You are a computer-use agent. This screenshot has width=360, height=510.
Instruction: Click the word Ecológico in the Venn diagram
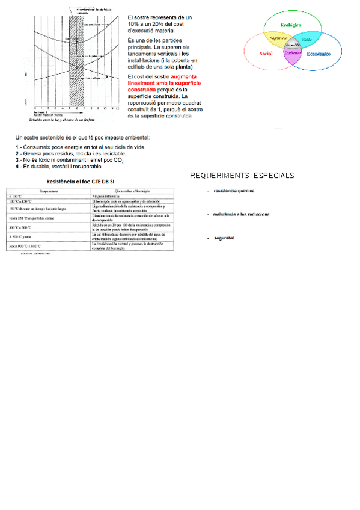point(291,25)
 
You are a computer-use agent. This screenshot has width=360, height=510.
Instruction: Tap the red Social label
point(266,54)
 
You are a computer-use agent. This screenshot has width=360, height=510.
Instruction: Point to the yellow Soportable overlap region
point(278,38)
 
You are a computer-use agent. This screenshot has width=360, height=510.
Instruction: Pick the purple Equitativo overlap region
point(293,54)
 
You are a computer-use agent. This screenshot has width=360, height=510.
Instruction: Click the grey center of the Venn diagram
point(293,45)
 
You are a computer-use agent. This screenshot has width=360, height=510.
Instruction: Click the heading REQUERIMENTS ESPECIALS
point(242,176)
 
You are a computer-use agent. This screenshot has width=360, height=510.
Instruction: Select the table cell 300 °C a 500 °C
point(22,228)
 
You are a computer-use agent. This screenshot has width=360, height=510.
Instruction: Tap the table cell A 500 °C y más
point(21,237)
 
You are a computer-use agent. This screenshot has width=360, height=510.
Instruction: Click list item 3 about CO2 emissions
point(69,160)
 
